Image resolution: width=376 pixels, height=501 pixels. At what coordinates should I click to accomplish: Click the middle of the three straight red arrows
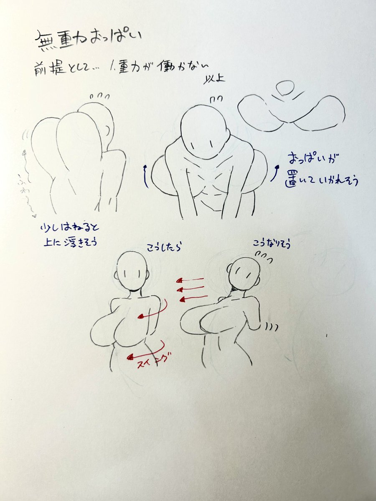[x=191, y=289]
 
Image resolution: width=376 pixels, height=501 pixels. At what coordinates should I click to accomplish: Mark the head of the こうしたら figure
[x=133, y=271]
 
